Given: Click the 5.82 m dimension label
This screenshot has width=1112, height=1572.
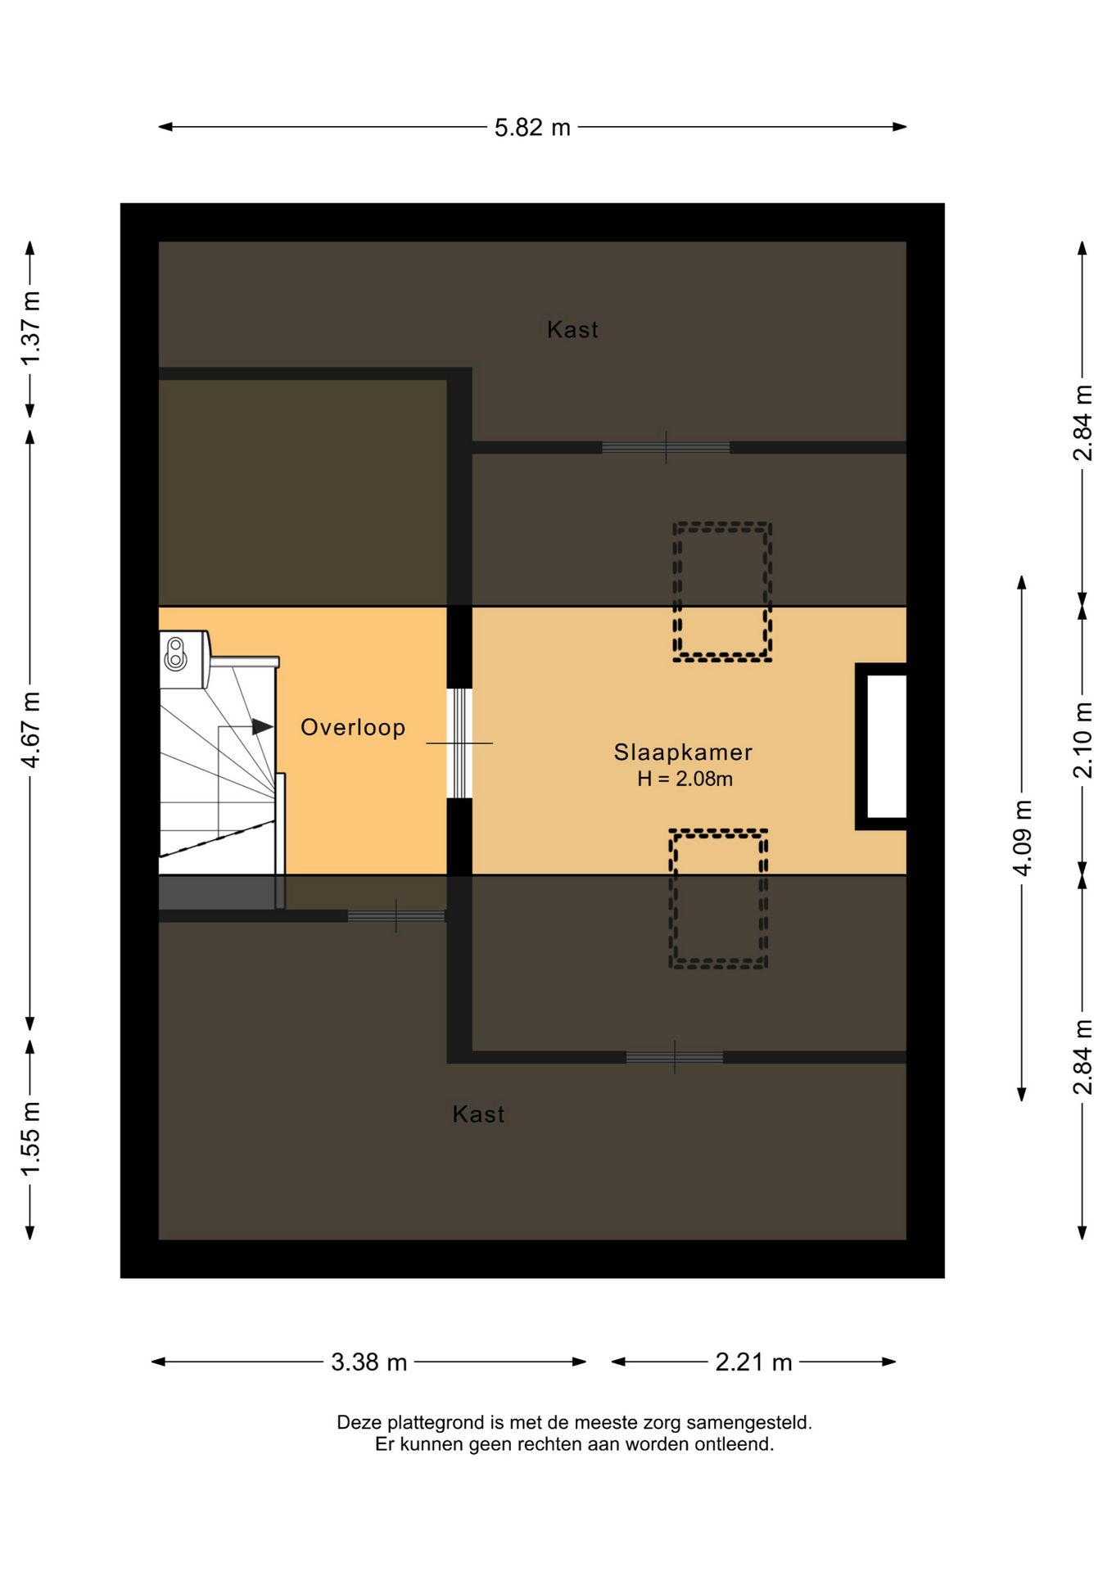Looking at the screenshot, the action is (x=532, y=128).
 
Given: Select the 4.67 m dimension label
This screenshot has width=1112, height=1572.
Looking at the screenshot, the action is (x=30, y=730).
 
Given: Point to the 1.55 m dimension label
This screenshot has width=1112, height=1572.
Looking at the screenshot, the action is (x=30, y=1139).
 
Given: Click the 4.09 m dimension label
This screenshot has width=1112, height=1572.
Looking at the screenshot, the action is (x=1022, y=838).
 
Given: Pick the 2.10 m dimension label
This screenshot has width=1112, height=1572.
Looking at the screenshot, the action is (x=1083, y=740).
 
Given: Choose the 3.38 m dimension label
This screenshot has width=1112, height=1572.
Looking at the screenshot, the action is (x=368, y=1362).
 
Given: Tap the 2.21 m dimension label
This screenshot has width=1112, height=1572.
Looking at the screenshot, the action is (x=753, y=1362).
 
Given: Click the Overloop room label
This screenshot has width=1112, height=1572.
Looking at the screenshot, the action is (x=353, y=727).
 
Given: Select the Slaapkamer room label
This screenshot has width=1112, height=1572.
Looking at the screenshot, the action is (x=683, y=752).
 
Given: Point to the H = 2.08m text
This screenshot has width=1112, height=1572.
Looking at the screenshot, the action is (x=685, y=779).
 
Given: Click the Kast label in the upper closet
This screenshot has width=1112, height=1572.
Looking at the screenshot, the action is (x=572, y=329).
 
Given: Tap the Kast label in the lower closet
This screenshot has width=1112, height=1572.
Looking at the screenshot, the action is (x=478, y=1113).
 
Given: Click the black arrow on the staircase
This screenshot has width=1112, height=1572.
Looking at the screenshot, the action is (x=263, y=726).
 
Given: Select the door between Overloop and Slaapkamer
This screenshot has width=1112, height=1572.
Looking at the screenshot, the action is (x=459, y=743).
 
